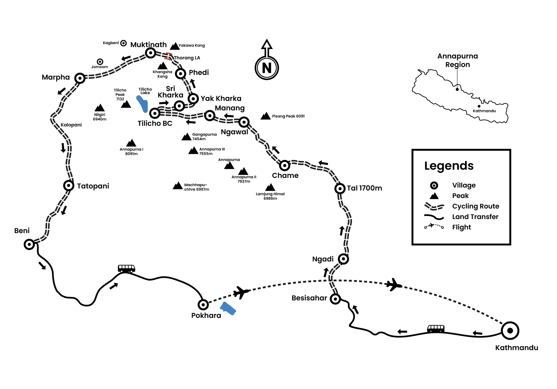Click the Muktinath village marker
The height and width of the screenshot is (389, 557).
click(150, 53)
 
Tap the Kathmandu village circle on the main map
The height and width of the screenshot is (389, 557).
click(510, 330)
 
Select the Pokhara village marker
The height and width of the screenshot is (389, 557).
click(203, 305)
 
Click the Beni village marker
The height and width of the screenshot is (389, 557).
click(29, 244)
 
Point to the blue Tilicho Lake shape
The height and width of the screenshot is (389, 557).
click(142, 104)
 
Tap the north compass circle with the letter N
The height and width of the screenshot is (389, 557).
click(267, 68)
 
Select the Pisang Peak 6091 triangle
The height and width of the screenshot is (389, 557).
click(265, 116)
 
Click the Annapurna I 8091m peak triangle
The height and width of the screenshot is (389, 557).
click(131, 143)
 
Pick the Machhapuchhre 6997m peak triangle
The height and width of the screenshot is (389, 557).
click(178, 186)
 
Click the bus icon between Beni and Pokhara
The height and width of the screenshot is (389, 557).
click(126, 268)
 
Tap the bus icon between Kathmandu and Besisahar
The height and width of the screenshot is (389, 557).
click(436, 329)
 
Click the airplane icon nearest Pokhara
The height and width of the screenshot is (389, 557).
click(241, 292)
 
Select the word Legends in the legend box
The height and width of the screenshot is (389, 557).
click(449, 166)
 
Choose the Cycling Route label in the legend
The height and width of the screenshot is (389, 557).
click(475, 206)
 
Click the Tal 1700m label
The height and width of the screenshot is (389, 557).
click(364, 188)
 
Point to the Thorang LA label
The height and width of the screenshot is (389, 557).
click(187, 58)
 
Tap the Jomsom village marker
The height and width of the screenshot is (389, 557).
click(100, 62)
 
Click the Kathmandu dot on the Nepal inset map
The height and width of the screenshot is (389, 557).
click(479, 106)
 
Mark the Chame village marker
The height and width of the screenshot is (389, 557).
click(285, 165)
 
